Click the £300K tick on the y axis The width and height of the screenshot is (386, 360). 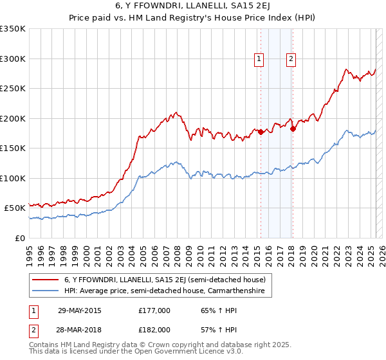pos(13,59)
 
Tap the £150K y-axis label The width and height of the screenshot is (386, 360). pos(13,148)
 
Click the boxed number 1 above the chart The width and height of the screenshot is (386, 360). pos(259,59)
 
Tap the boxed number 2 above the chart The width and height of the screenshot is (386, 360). pos(291,59)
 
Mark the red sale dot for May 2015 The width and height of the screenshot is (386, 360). pos(261,132)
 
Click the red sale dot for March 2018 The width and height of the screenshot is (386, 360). pos(293,129)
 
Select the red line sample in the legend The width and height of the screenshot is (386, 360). pos(46,280)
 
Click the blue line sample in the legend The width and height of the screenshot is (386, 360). pos(46,291)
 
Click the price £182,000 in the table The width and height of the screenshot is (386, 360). pos(154,329)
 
